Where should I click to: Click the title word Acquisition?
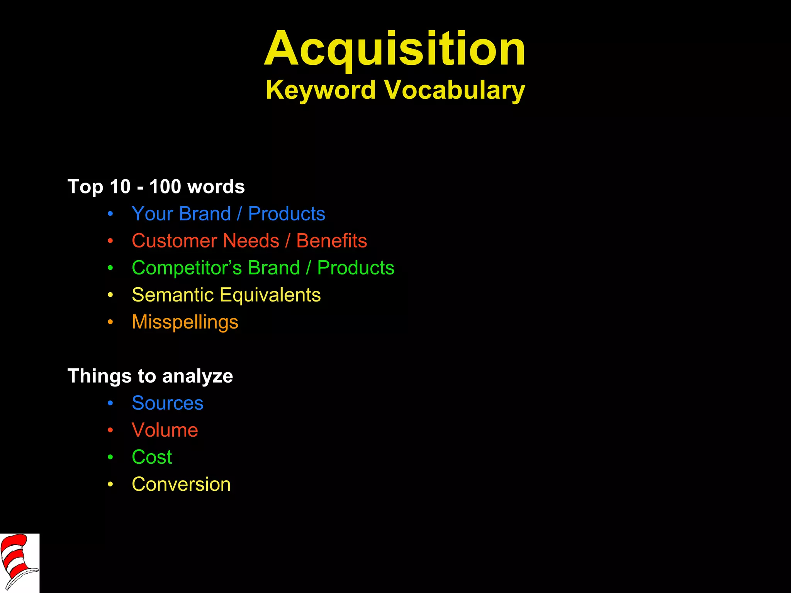click(395, 49)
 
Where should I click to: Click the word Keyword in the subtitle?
click(321, 90)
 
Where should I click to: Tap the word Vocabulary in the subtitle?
click(455, 90)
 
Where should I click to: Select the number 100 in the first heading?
click(165, 186)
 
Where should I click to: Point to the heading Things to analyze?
click(150, 376)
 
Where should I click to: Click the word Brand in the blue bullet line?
click(205, 214)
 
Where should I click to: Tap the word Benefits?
click(331, 241)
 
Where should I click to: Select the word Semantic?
click(173, 295)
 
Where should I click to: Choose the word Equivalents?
click(270, 295)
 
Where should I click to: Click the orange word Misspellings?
click(185, 322)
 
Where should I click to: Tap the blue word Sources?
click(167, 403)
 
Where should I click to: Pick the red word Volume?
click(165, 430)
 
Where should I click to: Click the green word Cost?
click(152, 457)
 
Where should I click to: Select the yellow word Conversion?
click(181, 484)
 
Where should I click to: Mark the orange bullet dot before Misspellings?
click(110, 322)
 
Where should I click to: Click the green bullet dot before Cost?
click(110, 457)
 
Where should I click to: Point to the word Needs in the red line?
click(251, 241)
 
